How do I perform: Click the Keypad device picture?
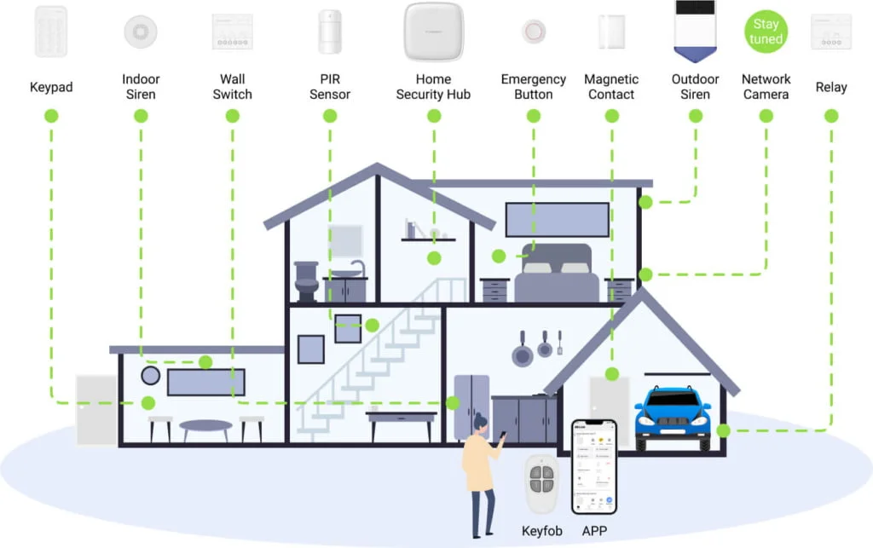click(x=50, y=32)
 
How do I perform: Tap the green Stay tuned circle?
click(x=766, y=32)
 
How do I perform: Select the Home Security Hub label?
click(x=433, y=87)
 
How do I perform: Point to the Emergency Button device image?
click(x=534, y=32)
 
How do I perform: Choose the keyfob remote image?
click(x=541, y=485)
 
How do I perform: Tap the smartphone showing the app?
click(x=594, y=465)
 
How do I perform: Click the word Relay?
click(x=831, y=87)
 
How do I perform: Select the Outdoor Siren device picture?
click(x=695, y=31)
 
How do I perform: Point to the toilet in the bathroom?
click(x=306, y=280)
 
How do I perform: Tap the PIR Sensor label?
click(x=330, y=87)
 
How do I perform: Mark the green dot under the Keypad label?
click(x=50, y=115)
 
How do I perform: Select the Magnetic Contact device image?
click(x=611, y=32)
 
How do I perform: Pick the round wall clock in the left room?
click(x=151, y=375)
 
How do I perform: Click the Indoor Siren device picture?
click(x=141, y=31)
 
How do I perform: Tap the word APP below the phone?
click(x=594, y=531)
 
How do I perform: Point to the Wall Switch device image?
click(x=233, y=32)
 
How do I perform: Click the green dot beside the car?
click(x=723, y=430)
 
